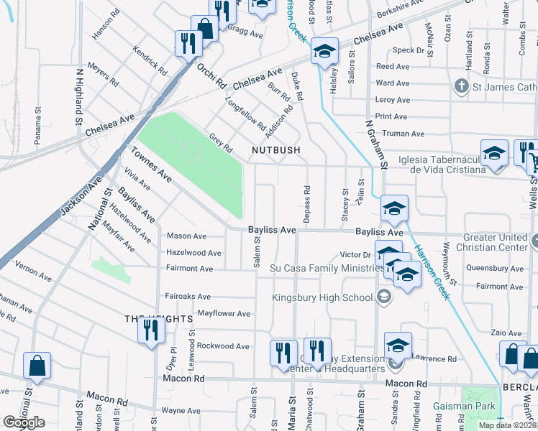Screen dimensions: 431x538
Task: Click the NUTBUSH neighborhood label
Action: (275, 149)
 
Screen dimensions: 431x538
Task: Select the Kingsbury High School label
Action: (321, 297)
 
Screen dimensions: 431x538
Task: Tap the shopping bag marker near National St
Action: (37, 365)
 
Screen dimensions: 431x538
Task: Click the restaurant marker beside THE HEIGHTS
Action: (151, 330)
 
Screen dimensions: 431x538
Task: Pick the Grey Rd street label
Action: (220, 143)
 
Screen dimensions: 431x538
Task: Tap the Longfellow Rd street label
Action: (245, 114)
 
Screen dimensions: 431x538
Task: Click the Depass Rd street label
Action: (306, 205)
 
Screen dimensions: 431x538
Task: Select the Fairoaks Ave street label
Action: (188, 296)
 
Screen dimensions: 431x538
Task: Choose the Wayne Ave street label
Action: (180, 411)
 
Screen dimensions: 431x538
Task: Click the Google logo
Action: (24, 422)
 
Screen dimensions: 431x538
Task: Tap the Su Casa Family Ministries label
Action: (326, 268)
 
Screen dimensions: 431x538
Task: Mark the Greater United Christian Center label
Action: (495, 243)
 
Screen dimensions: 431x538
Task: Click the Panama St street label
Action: (38, 127)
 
